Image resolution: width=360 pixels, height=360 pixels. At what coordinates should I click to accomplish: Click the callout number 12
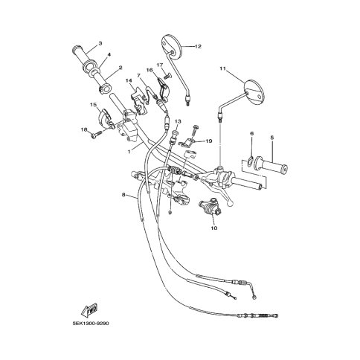198,46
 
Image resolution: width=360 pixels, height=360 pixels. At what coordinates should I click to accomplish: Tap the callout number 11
222,68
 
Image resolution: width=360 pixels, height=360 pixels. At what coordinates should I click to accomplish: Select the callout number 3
100,43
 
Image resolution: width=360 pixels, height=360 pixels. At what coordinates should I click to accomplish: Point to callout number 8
123,195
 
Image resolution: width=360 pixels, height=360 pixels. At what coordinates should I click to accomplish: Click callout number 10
214,228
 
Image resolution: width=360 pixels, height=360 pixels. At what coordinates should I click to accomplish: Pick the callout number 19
209,141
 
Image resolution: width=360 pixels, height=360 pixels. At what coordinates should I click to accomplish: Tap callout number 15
93,105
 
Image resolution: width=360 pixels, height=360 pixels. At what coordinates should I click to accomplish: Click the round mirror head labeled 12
172,48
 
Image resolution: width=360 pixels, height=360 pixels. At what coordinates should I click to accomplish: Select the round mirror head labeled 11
254,92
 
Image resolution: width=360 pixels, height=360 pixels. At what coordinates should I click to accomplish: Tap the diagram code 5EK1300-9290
91,324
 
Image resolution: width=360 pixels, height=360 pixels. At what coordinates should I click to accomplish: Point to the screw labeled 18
96,135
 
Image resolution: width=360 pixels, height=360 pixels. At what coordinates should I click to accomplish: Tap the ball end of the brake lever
230,204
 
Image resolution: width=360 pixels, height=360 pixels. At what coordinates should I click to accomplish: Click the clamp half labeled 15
106,118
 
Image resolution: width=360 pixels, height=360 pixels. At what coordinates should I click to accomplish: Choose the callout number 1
129,151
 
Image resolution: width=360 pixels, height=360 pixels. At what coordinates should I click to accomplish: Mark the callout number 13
178,121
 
